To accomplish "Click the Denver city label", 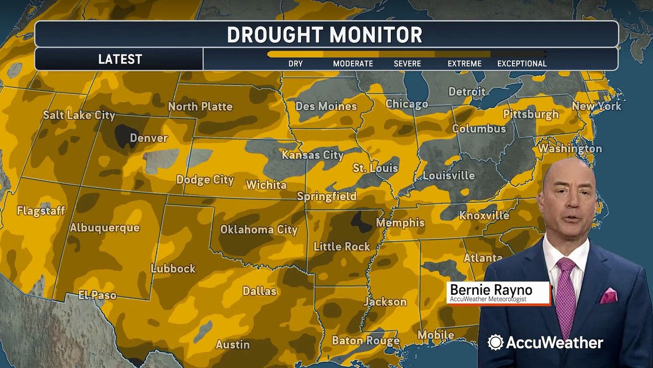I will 148,138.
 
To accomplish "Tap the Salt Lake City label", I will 79,115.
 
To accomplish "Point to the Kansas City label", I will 313,155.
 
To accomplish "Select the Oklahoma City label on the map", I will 259,229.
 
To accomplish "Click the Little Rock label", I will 341,246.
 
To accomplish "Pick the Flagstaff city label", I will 41,211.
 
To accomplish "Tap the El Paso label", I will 97,295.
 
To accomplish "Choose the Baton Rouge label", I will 365,340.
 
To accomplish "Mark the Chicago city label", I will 407,104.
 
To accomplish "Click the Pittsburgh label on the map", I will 531,114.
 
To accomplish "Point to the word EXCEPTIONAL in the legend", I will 522,64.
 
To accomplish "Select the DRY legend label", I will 295,64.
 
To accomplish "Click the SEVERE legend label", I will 407,64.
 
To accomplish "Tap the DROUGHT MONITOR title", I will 324,35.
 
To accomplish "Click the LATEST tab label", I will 120,59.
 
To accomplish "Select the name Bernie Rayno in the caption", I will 491,290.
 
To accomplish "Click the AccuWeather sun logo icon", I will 495,342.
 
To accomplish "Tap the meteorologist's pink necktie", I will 565,296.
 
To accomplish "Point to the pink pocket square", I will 609,295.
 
